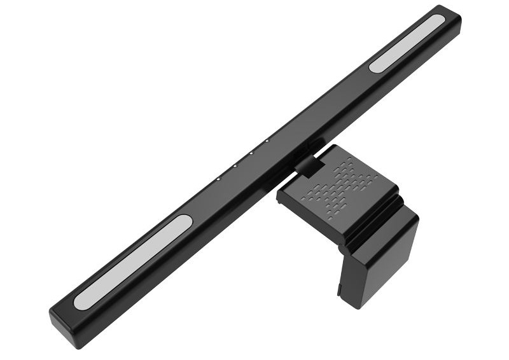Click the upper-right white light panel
(x=408, y=43)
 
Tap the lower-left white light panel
(x=133, y=262)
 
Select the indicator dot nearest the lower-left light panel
(x=218, y=179)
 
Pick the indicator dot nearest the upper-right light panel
(x=267, y=141)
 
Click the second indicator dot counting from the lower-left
(x=234, y=166)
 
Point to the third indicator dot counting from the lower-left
(x=251, y=153)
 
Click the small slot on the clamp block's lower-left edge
(x=340, y=290)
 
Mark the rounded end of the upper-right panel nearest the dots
(x=375, y=65)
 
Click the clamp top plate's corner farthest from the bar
(x=398, y=191)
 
